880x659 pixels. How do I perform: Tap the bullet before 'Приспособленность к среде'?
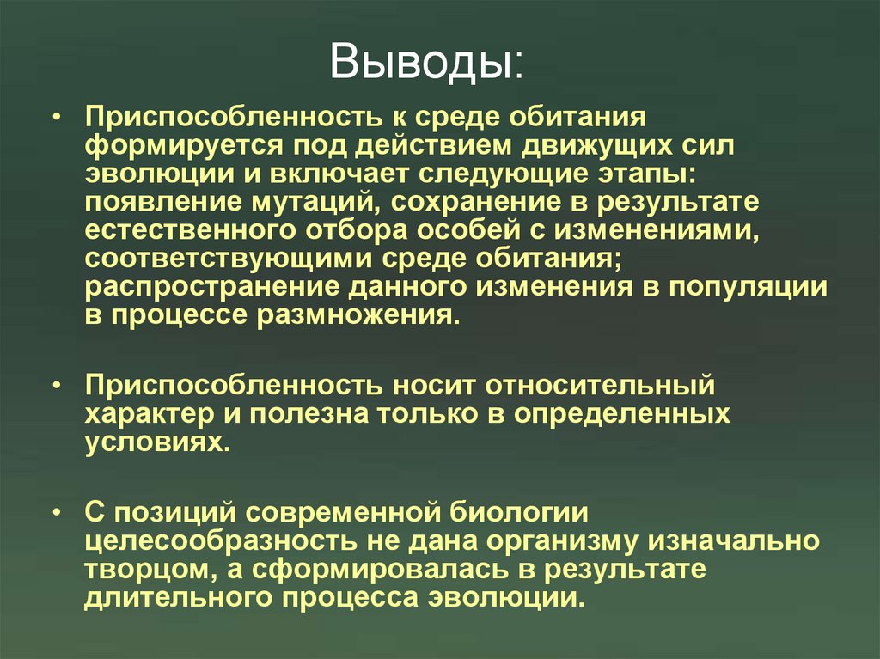pyautogui.click(x=56, y=117)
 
